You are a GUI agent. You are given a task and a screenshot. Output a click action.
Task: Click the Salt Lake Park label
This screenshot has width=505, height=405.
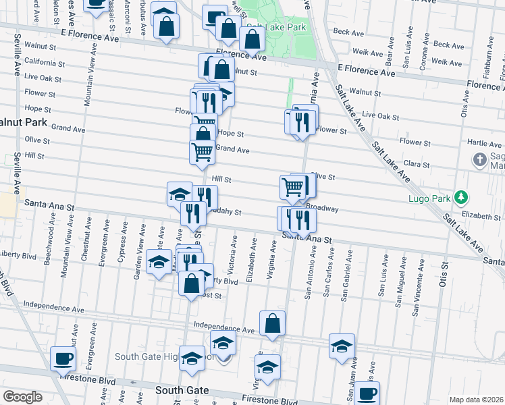tap(273, 28)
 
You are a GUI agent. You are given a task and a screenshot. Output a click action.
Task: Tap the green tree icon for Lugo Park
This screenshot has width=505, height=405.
tap(462, 196)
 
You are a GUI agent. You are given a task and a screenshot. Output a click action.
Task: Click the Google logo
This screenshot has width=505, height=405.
tap(22, 397)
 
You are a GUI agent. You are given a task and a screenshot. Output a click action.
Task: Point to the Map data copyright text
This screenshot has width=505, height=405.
tap(477, 400)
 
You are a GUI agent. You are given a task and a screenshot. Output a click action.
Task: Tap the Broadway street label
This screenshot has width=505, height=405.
tap(322, 209)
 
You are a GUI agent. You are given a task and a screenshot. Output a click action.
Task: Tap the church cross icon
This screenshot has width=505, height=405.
tap(479, 160)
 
